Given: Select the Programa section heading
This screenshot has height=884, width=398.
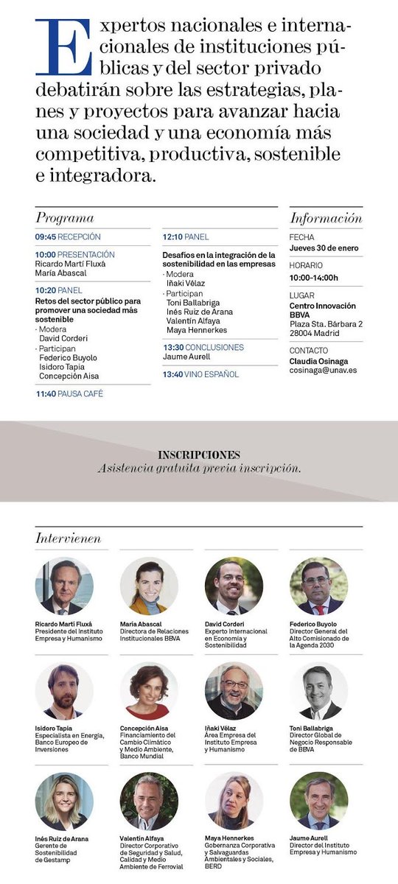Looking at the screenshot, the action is pyautogui.click(x=65, y=218).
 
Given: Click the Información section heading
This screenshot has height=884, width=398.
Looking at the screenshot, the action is pyautogui.click(x=326, y=218).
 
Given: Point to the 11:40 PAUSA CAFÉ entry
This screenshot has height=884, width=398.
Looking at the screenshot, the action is pyautogui.click(x=69, y=394).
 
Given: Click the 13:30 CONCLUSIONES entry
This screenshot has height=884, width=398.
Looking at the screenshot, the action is pyautogui.click(x=203, y=347).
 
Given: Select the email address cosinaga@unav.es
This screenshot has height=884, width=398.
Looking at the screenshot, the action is pyautogui.click(x=323, y=370).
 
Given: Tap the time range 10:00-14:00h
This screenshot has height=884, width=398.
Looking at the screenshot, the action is pyautogui.click(x=314, y=278).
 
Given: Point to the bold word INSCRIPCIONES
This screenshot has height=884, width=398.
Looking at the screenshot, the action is pyautogui.click(x=199, y=455).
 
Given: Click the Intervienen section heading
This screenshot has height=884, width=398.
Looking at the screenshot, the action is pyautogui.click(x=68, y=539).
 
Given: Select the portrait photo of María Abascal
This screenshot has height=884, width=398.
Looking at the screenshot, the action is pyautogui.click(x=149, y=586).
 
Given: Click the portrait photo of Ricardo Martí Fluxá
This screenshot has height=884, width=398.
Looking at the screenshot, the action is pyautogui.click(x=64, y=586).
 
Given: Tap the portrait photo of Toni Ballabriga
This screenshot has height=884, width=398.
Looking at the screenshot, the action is pyautogui.click(x=319, y=690).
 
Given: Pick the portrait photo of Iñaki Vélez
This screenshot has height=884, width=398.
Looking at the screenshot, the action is pyautogui.click(x=234, y=690).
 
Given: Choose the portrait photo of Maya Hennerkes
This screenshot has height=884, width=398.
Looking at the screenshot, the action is pyautogui.click(x=234, y=801).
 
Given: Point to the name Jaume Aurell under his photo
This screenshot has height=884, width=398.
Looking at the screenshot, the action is pyautogui.click(x=310, y=838).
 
